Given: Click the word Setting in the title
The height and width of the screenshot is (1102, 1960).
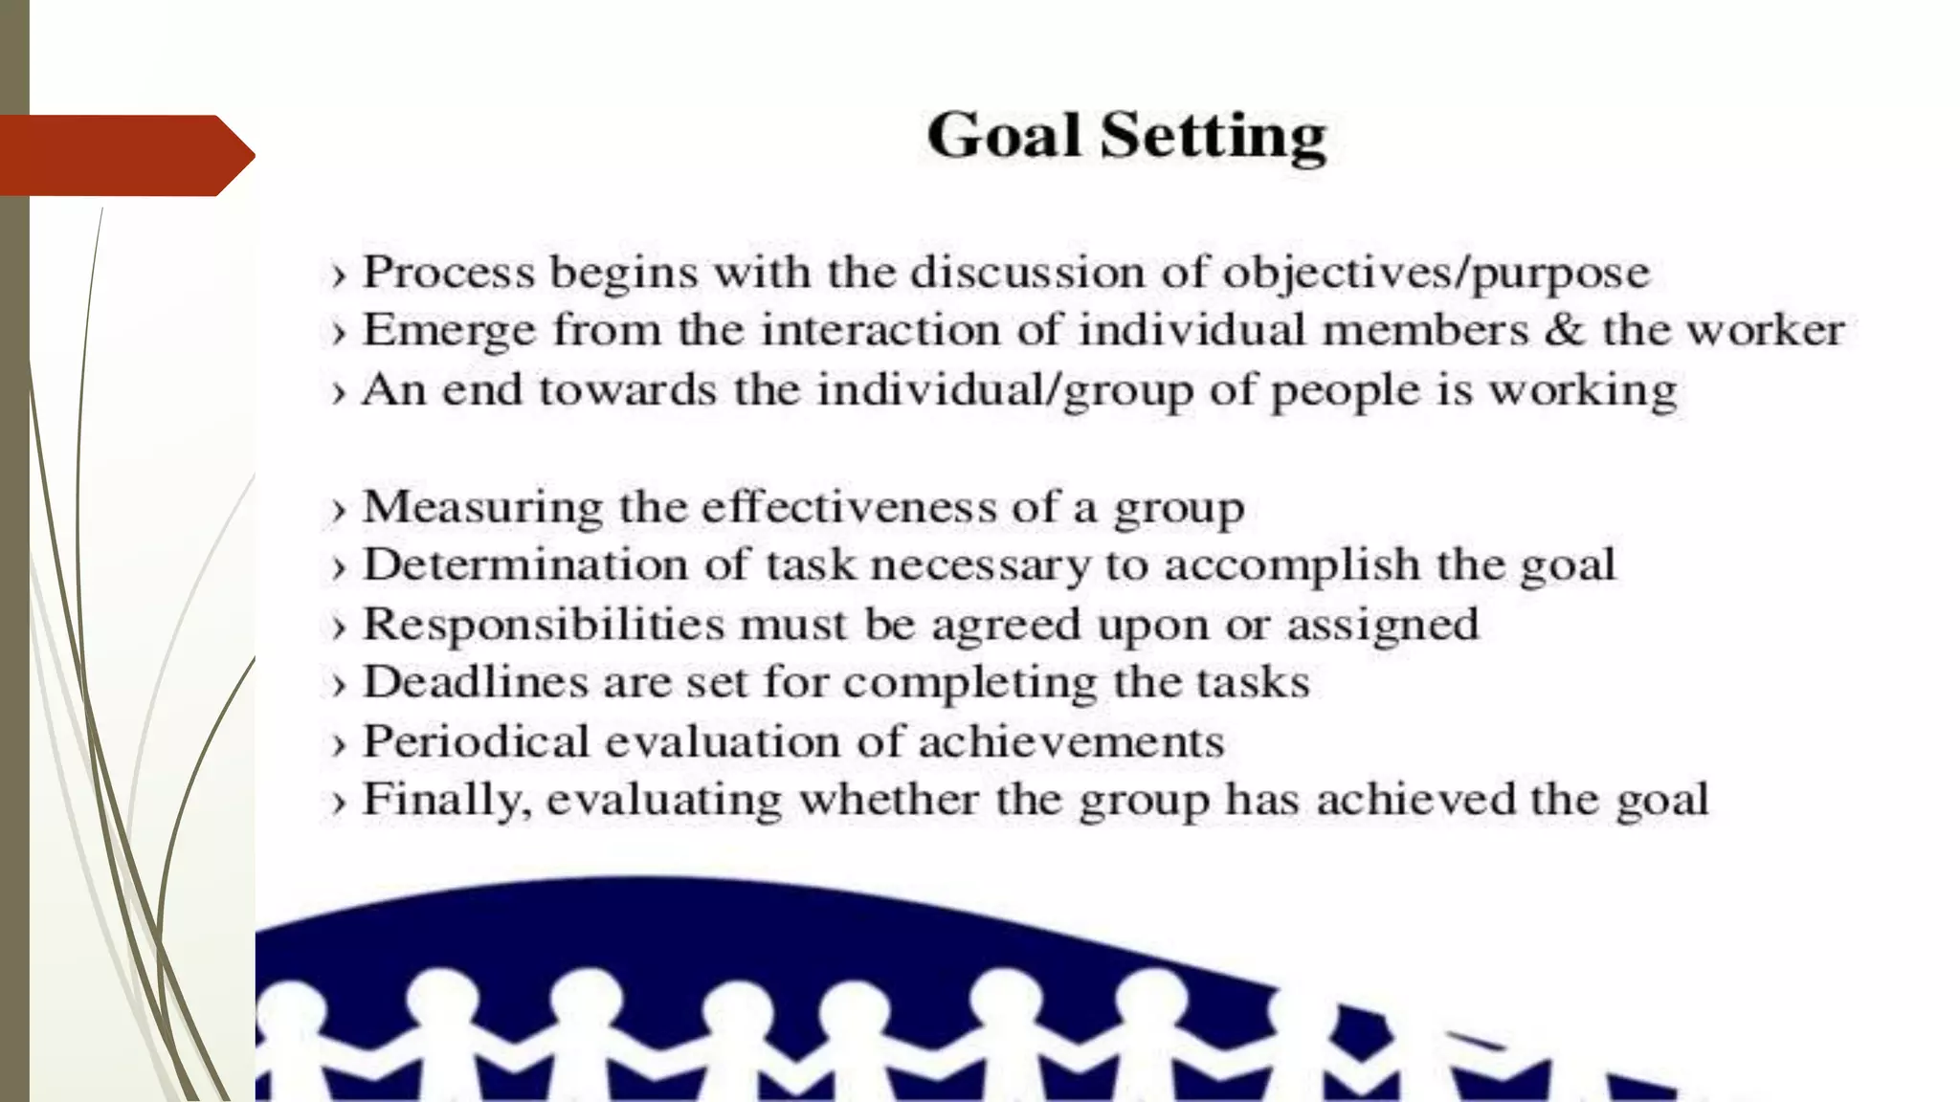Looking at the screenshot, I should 1213,137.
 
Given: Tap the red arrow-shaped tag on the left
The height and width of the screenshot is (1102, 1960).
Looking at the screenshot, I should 124,155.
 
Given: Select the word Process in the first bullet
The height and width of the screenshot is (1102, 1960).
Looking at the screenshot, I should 448,273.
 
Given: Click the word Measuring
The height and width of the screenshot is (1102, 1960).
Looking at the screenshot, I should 482,507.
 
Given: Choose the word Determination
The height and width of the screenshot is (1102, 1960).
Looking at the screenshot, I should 525,564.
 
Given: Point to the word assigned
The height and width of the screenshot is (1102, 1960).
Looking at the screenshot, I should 1383,626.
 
